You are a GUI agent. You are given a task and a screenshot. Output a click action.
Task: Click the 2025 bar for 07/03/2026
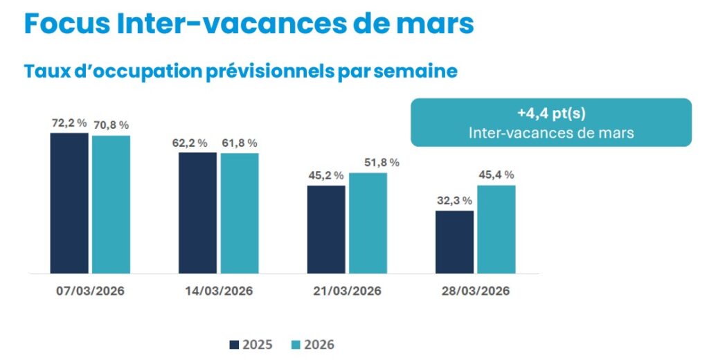click(x=69, y=203)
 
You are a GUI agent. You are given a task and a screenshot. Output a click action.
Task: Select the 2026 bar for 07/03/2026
click(x=111, y=204)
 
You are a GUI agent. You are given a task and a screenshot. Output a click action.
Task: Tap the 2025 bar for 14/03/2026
click(x=198, y=213)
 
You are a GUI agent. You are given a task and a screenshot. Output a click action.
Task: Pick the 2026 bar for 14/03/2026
click(x=240, y=213)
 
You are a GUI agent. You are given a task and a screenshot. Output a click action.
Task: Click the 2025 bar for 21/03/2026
click(x=326, y=229)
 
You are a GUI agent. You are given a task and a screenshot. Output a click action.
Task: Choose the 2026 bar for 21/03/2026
click(x=368, y=223)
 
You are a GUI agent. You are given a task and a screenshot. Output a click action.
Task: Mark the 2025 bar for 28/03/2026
click(x=455, y=242)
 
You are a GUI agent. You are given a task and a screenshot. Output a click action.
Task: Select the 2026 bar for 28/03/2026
click(x=496, y=229)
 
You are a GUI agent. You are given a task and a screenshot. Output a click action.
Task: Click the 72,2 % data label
click(x=69, y=123)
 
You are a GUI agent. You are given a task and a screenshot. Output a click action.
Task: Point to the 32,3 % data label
click(x=455, y=200)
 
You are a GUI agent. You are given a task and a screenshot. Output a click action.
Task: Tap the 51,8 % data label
click(x=382, y=163)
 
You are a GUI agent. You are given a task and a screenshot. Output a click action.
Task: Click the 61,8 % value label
click(x=240, y=143)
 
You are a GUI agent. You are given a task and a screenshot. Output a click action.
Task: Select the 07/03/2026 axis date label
click(x=91, y=291)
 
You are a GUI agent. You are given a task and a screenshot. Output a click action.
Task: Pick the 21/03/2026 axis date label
click(x=348, y=291)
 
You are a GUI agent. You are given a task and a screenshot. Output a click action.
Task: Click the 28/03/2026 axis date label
click(x=476, y=291)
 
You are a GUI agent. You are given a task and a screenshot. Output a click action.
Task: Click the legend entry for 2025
click(x=250, y=344)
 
